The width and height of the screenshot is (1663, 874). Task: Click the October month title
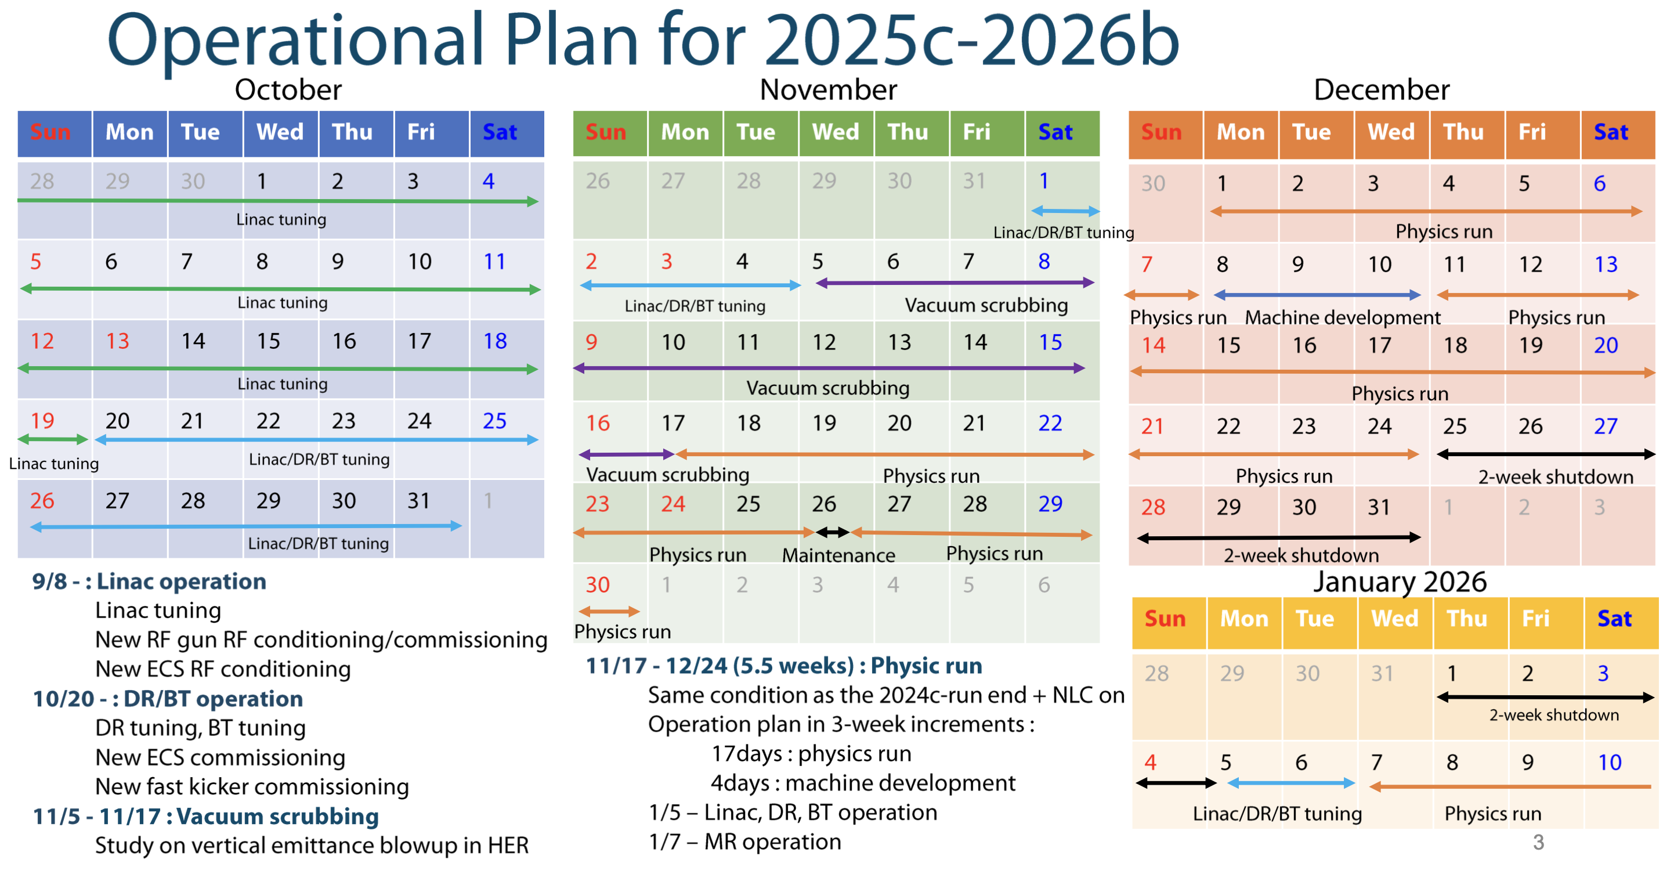click(x=288, y=90)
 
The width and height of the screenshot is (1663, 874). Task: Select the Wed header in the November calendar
click(x=836, y=132)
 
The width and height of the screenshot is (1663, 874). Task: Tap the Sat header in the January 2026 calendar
click(x=1614, y=619)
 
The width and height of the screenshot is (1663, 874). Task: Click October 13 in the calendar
click(x=117, y=341)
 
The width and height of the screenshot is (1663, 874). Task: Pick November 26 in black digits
click(x=824, y=504)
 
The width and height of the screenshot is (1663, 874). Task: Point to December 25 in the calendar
click(x=1455, y=426)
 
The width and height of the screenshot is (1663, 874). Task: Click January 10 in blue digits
click(x=1610, y=763)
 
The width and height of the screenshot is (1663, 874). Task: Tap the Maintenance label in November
click(x=838, y=555)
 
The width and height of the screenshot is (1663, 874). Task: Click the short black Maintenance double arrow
click(x=832, y=533)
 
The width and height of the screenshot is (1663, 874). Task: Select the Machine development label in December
click(x=1343, y=317)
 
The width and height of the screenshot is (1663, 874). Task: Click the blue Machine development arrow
click(x=1317, y=295)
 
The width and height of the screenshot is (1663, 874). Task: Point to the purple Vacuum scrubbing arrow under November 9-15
click(x=829, y=368)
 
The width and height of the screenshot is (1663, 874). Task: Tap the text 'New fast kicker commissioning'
click(x=252, y=787)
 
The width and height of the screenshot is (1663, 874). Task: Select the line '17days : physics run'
click(x=812, y=754)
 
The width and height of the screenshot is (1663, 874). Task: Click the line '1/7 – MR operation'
click(x=745, y=842)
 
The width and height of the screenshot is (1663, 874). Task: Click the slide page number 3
click(x=1538, y=842)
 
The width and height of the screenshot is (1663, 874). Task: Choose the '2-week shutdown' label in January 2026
click(x=1554, y=715)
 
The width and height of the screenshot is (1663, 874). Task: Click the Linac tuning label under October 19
click(x=54, y=464)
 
